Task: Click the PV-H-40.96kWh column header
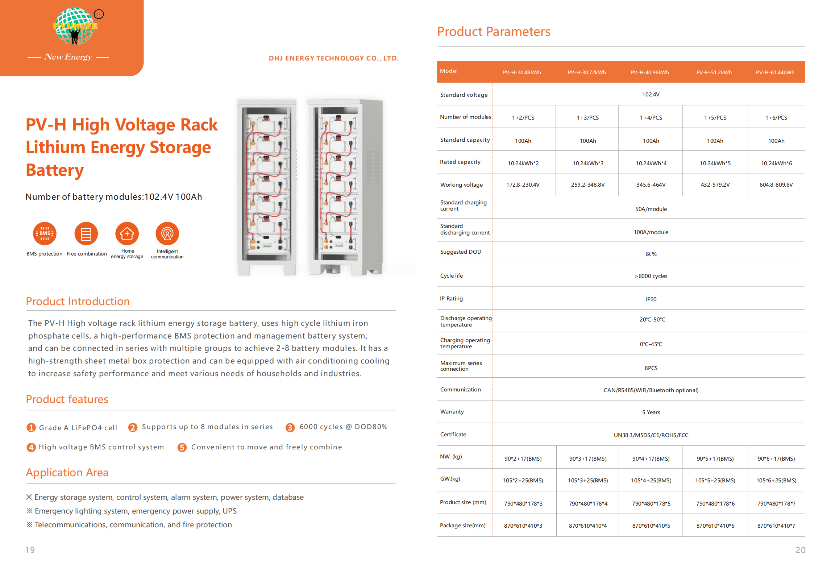pos(650,72)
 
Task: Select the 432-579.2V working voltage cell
pos(715,185)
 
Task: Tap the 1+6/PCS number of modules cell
pos(776,118)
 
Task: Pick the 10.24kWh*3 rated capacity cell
pos(588,163)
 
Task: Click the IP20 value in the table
pos(651,299)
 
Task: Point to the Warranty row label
pos(452,412)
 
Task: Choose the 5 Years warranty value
pos(651,412)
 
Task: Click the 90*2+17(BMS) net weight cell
pos(523,459)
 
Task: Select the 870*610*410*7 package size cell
pos(776,526)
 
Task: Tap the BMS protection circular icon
pos(45,234)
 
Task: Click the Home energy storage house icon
pos(127,234)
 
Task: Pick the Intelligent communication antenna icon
pos(167,234)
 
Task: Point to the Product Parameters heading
pos(494,32)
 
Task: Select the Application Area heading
pos(67,473)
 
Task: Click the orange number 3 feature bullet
pos(290,428)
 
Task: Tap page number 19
pos(30,550)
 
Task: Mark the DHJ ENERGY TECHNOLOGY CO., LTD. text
pos(333,58)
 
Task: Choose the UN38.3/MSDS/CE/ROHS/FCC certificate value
pos(651,435)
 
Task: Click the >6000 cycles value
pos(651,276)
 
